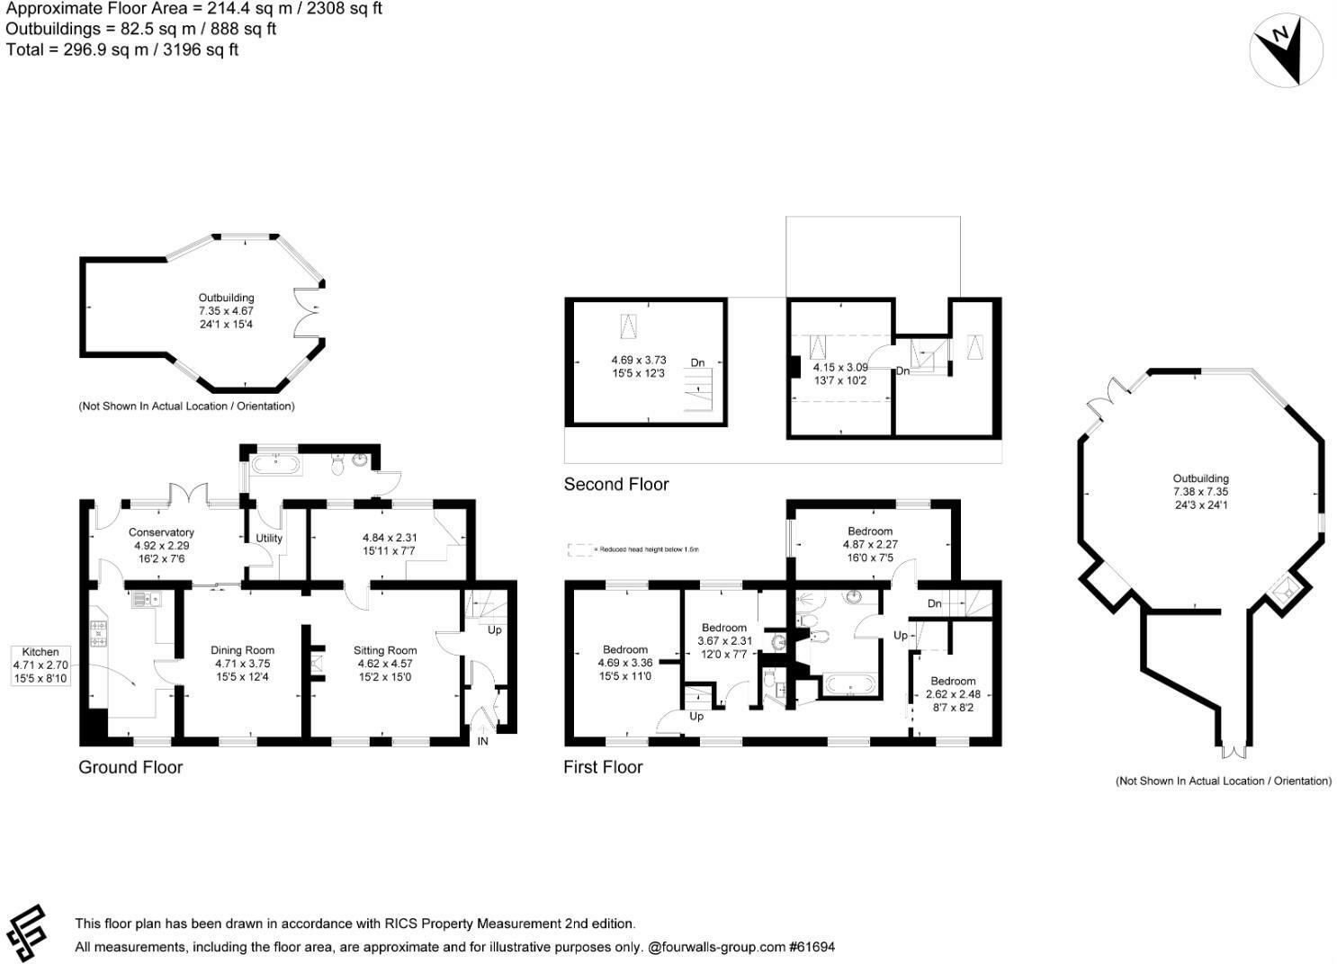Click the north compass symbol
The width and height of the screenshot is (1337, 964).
[1286, 51]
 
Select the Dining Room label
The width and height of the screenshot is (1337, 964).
[242, 664]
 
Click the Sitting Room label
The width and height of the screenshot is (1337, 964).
[385, 664]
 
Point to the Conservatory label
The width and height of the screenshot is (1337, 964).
[161, 545]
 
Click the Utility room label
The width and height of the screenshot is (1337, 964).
[269, 539]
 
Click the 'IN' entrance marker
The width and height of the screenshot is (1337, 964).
[483, 741]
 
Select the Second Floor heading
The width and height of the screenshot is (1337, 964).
[616, 485]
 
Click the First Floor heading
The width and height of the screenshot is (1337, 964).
[603, 767]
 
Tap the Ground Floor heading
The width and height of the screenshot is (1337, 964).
[130, 767]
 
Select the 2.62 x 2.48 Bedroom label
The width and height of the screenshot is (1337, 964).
[953, 694]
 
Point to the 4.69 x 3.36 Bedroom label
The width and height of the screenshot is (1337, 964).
[625, 663]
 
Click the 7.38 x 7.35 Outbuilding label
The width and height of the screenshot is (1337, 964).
[1200, 492]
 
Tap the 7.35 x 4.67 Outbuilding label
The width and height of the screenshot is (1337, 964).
[226, 310]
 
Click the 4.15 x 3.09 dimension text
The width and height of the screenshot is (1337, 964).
[839, 374]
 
